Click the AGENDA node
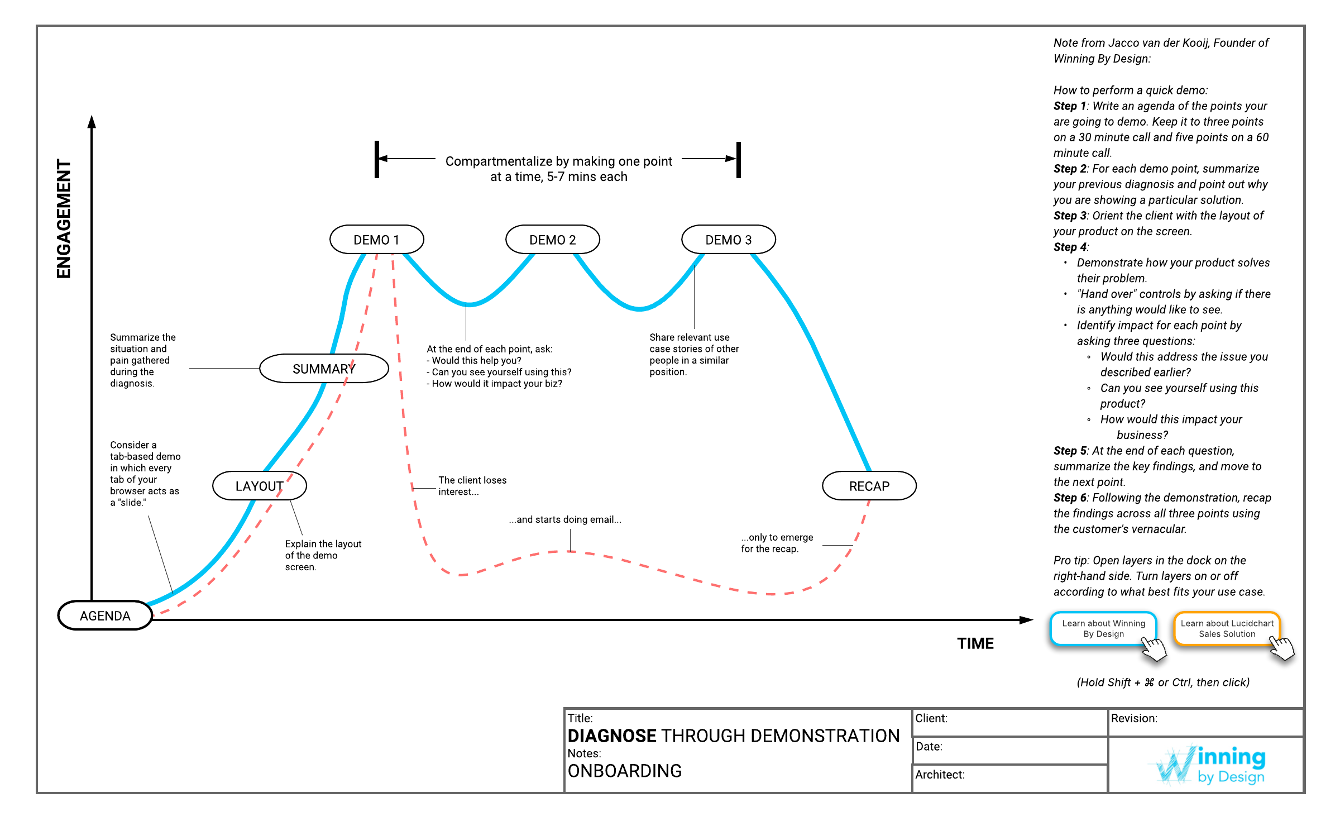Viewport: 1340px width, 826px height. point(105,615)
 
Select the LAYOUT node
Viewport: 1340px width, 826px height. point(260,486)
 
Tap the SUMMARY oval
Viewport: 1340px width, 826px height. point(324,369)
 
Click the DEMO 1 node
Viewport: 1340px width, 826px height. point(377,240)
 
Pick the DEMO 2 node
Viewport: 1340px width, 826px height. point(553,240)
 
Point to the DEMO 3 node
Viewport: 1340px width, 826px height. point(729,240)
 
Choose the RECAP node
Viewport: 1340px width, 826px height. point(869,486)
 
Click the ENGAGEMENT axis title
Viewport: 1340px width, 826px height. point(64,219)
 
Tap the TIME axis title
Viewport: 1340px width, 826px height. point(975,643)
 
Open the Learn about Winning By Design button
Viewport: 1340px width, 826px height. point(1103,629)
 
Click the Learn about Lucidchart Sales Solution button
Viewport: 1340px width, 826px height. point(1227,629)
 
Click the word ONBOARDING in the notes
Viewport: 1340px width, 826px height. point(625,771)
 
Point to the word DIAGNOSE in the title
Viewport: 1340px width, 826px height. point(612,736)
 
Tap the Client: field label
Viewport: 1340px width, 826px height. point(931,718)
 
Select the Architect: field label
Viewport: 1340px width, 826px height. point(940,775)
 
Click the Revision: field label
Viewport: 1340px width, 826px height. point(1134,718)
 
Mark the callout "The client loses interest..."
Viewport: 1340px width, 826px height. point(472,486)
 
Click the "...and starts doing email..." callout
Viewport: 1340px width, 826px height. point(565,519)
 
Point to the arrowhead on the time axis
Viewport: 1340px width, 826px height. point(1027,620)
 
